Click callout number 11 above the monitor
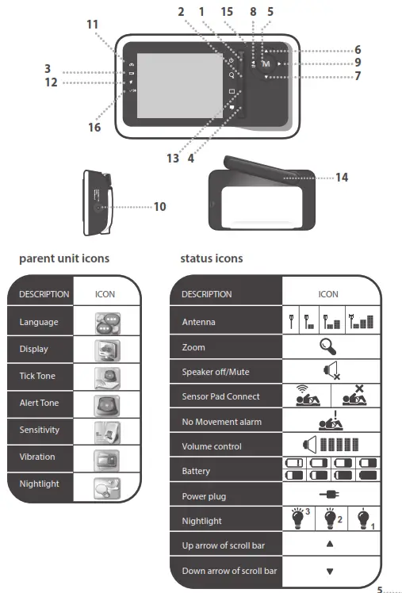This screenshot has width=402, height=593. coord(94,25)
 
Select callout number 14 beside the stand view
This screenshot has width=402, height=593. coord(341,178)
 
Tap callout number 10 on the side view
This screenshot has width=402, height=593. coord(159,206)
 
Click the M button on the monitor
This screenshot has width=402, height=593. coord(266,63)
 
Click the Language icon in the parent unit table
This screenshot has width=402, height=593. coord(105,322)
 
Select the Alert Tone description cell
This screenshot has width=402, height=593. coord(40,403)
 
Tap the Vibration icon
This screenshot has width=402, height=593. coord(105,457)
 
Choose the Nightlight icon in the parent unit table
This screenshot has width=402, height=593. coord(105,484)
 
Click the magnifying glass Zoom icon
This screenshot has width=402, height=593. coord(327,346)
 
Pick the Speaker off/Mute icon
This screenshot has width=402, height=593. coord(327,371)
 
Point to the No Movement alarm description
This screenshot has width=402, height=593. coord(216,423)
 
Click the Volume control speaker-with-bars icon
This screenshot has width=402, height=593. coord(328,446)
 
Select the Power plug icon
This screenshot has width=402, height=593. coord(327,496)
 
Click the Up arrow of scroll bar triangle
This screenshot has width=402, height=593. coord(328,545)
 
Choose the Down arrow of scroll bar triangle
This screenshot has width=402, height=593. coord(328,571)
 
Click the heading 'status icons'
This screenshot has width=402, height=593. coord(212,259)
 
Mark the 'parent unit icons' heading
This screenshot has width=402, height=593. coord(64,259)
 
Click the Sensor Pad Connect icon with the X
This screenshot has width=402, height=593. coord(358,396)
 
